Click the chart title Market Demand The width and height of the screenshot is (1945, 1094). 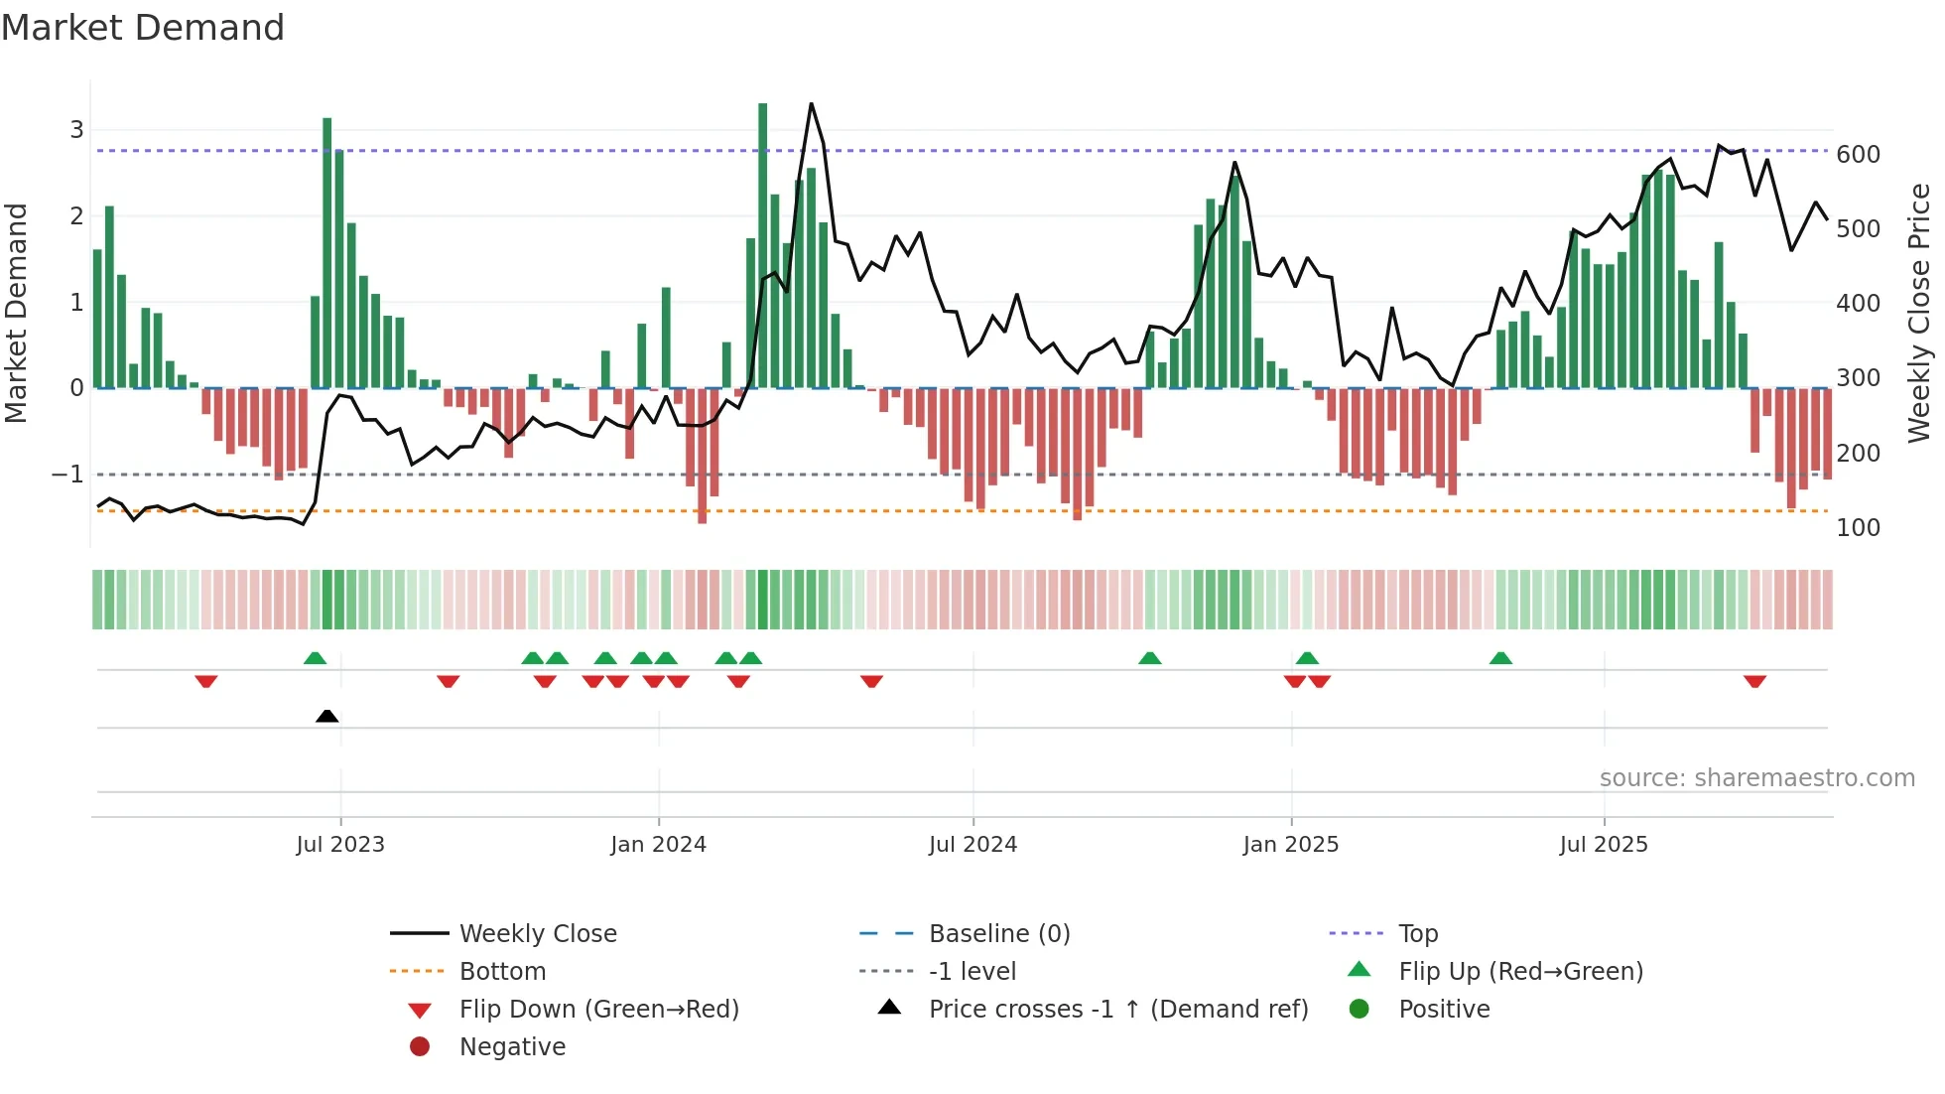click(143, 28)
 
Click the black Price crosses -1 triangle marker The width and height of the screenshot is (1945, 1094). click(326, 716)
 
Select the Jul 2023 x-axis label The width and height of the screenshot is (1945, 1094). click(340, 845)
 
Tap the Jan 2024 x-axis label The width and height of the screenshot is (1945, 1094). click(658, 845)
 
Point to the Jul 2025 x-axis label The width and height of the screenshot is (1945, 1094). click(1604, 845)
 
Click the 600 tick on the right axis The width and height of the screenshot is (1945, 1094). click(1858, 155)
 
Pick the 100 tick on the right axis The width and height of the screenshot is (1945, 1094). click(1858, 528)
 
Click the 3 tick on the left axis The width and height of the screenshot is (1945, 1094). click(76, 130)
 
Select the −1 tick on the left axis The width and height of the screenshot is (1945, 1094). click(67, 475)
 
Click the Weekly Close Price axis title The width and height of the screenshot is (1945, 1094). click(1919, 313)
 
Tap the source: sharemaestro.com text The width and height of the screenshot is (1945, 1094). click(1756, 778)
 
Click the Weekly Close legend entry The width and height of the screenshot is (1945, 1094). click(538, 934)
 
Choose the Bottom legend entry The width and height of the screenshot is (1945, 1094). click(502, 972)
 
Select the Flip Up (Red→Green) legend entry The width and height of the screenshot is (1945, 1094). click(1520, 972)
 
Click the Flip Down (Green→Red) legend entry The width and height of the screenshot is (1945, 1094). click(598, 1010)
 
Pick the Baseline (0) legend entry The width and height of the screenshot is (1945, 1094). click(999, 934)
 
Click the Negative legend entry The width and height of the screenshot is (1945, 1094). click(512, 1047)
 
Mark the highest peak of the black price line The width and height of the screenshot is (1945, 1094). click(811, 104)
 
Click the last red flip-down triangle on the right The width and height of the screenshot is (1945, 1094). click(1754, 681)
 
